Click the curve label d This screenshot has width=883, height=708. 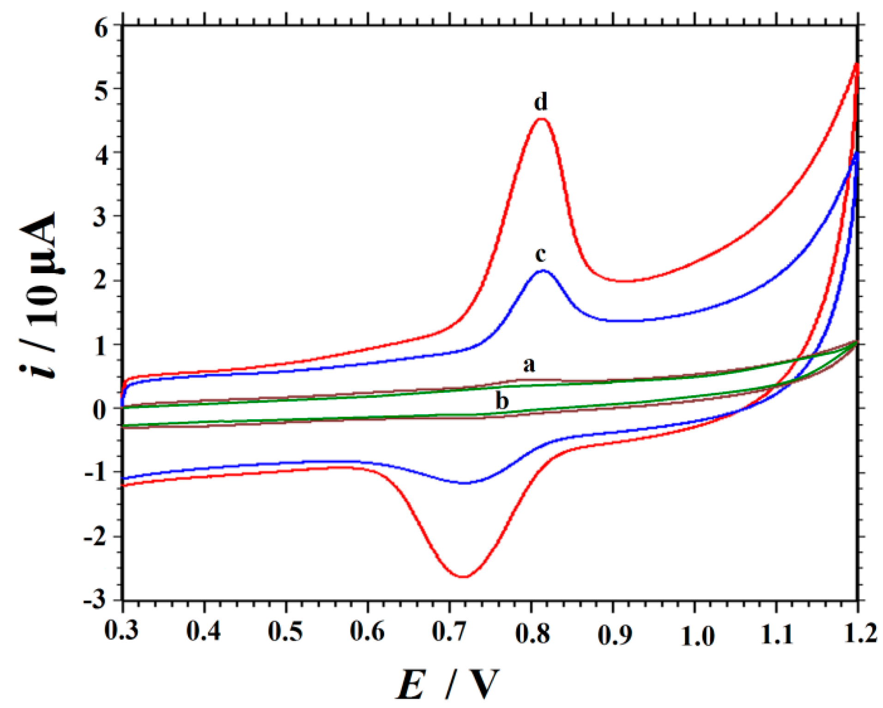(541, 102)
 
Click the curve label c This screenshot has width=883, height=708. (540, 254)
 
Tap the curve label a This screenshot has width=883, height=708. (529, 365)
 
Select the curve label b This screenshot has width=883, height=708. (502, 400)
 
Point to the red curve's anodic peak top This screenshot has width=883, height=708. (541, 119)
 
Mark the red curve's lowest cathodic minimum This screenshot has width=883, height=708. (464, 576)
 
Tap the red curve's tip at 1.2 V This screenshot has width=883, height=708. (857, 64)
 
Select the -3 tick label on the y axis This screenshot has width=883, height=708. (95, 601)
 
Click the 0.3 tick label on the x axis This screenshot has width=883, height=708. (121, 631)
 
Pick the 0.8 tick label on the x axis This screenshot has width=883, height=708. (532, 633)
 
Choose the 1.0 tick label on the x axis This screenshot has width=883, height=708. (697, 636)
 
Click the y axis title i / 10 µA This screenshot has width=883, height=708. (39, 296)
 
